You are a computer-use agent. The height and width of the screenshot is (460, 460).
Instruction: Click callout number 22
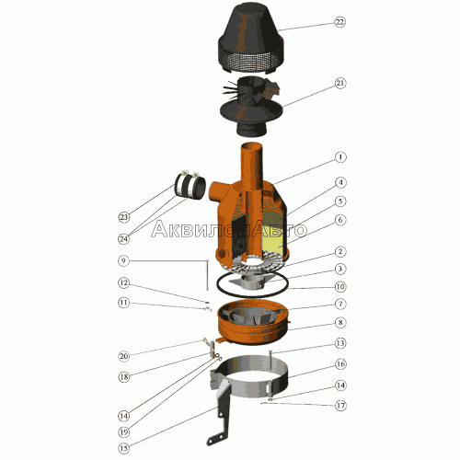click(x=339, y=22)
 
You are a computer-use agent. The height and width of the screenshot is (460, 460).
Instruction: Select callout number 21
click(x=340, y=84)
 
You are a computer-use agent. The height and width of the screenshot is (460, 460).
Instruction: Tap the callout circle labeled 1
click(x=340, y=157)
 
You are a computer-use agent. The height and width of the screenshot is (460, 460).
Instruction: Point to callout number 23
click(x=123, y=217)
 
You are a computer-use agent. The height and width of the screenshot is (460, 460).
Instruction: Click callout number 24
click(x=123, y=239)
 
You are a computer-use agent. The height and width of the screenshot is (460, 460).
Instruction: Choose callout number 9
click(x=123, y=261)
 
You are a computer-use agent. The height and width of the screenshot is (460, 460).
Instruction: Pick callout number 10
click(x=340, y=287)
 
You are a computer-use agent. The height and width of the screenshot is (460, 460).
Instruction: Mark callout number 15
click(x=123, y=448)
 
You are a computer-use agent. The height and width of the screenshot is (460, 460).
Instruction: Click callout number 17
click(x=340, y=406)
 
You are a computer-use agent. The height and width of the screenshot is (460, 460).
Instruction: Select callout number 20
click(x=123, y=356)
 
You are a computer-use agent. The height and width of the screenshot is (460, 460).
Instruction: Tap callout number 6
click(x=340, y=220)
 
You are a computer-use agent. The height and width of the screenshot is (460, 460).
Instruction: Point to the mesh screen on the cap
click(x=250, y=63)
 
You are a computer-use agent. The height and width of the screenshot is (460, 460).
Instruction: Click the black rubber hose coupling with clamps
click(x=190, y=186)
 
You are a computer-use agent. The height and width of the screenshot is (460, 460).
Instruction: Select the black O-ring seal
click(x=252, y=286)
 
